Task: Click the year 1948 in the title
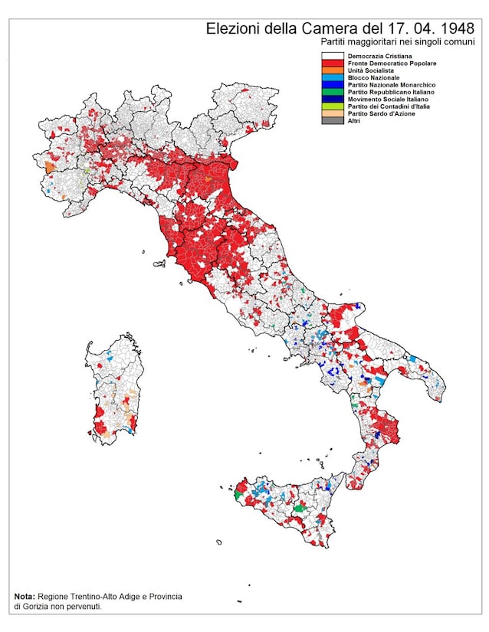point(454,28)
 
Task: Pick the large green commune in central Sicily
point(300,508)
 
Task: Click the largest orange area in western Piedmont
point(50,165)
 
